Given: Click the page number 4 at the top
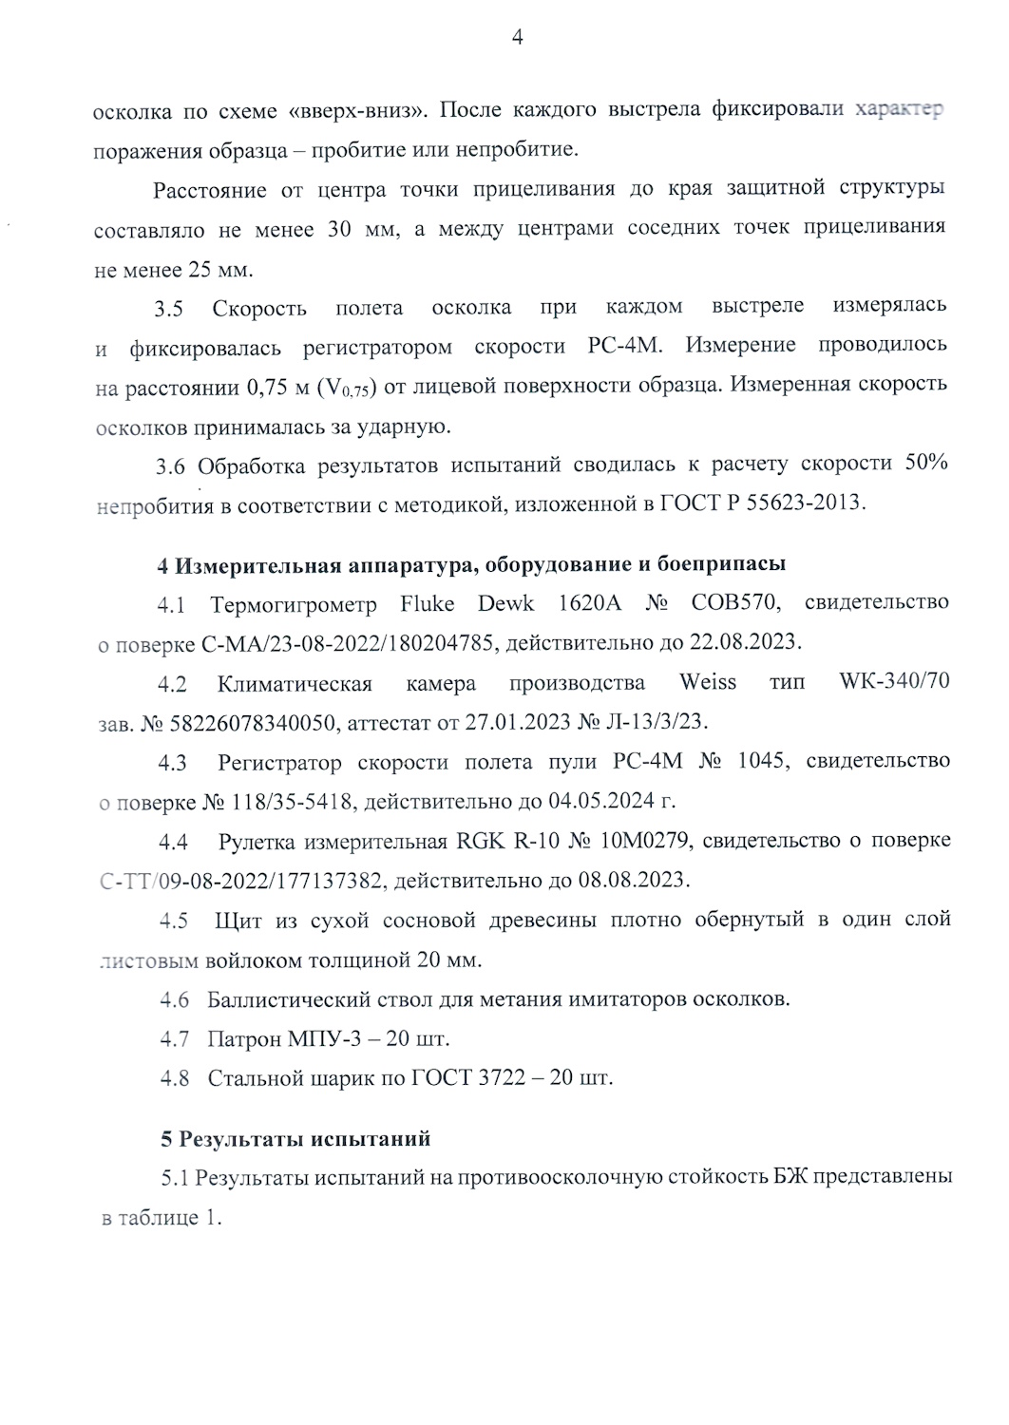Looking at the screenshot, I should pos(518,38).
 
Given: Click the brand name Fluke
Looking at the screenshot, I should pos(428,604).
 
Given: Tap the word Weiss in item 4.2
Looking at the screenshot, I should pos(708,683).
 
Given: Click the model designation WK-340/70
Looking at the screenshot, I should pos(894,683).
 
